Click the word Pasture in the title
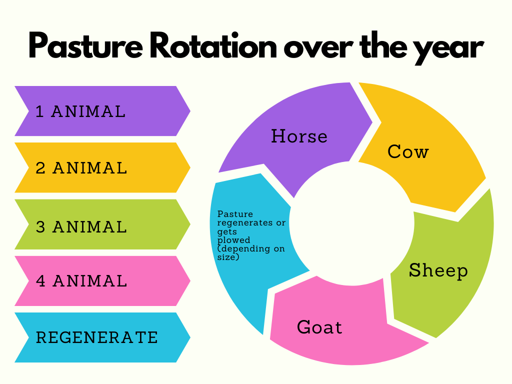pos(85,45)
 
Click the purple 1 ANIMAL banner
pos(102,111)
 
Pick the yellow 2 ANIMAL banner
pos(102,167)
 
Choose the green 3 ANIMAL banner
pos(102,224)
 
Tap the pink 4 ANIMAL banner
pos(102,281)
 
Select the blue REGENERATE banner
pos(102,337)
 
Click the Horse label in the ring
pos(299,136)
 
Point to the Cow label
pos(408,151)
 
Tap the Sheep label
pos(438,270)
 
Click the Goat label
pos(319,327)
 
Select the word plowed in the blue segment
pos(234,240)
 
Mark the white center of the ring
pos(351,223)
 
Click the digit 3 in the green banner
pos(40,227)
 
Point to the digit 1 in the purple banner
pos(39,111)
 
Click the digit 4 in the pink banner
pos(40,281)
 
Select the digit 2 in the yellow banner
pos(40,168)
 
